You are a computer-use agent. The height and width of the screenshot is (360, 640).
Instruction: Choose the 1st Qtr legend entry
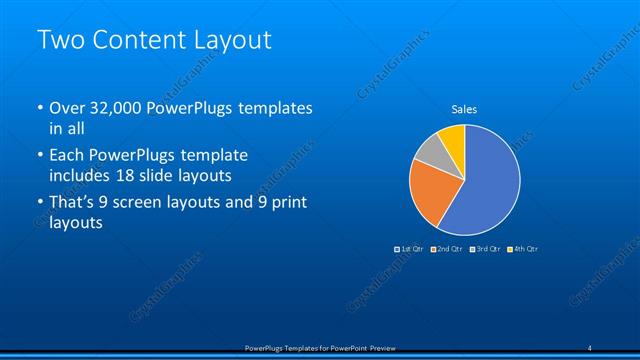(x=410, y=248)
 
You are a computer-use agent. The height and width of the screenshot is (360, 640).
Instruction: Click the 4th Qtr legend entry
(x=523, y=248)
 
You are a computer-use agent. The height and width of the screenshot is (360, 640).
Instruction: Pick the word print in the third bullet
(x=286, y=203)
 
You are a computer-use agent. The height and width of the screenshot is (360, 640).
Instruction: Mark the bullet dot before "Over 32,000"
(x=39, y=108)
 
